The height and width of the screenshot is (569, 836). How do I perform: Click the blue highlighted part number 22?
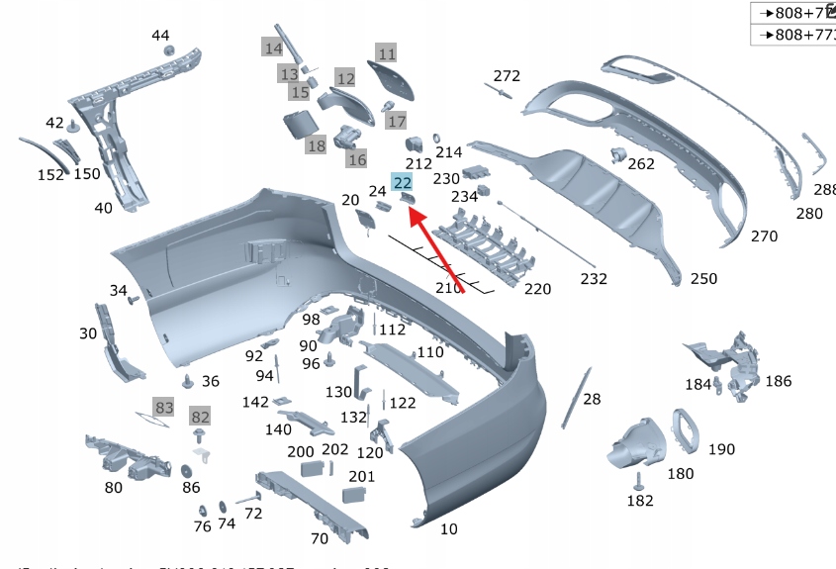tap(403, 182)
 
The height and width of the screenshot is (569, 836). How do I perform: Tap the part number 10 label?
tap(449, 529)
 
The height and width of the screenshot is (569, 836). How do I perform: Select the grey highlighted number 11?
tap(386, 53)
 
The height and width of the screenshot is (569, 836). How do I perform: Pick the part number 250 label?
tap(703, 279)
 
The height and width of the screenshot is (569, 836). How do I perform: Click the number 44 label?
tap(160, 36)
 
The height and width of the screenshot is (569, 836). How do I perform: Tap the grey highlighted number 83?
tap(164, 407)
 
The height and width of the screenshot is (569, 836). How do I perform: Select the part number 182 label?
tap(640, 501)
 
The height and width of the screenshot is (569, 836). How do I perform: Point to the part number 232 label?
tap(594, 279)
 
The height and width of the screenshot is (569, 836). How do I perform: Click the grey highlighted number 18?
tap(316, 146)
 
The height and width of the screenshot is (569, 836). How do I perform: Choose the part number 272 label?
tap(507, 76)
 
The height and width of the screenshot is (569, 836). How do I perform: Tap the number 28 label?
tap(592, 400)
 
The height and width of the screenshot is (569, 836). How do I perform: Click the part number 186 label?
tap(778, 380)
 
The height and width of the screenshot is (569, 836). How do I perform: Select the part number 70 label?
tap(319, 539)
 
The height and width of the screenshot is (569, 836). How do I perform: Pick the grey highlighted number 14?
tap(272, 47)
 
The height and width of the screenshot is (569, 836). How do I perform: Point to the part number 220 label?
tap(537, 289)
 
